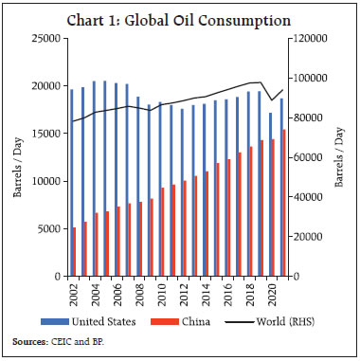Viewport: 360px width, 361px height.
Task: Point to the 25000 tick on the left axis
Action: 49,39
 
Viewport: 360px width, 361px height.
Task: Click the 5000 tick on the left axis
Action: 52,228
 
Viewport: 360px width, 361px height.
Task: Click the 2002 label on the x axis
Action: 72,292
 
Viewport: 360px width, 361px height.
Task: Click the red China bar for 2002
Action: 74,251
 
